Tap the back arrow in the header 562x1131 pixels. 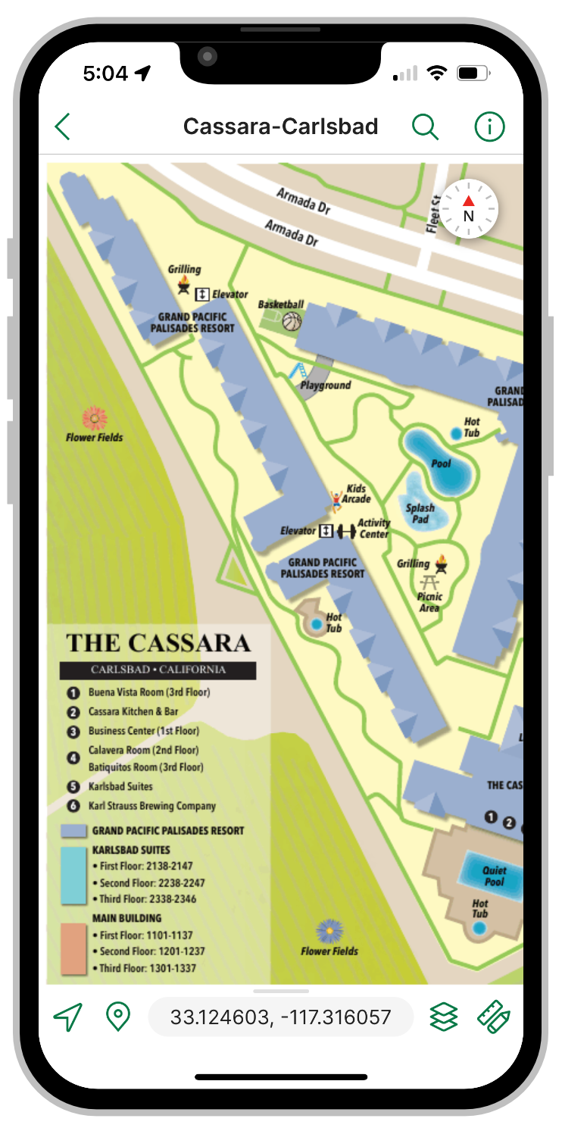click(62, 127)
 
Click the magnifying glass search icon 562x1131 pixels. click(425, 127)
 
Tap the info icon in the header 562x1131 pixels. click(489, 127)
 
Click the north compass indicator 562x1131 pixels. click(469, 209)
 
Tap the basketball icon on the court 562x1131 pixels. click(292, 322)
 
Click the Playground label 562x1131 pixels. click(326, 385)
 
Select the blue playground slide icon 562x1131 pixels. click(298, 371)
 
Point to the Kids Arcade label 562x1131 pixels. click(357, 494)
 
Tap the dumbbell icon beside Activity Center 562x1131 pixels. click(346, 531)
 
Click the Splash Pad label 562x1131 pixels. click(420, 514)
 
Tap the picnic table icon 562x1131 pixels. click(429, 583)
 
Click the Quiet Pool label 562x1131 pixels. click(494, 876)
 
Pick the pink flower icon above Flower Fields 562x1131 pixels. click(94, 417)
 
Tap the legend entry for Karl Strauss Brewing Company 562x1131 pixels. click(151, 806)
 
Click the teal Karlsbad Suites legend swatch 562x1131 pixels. click(73, 875)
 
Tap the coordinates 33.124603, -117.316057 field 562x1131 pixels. click(280, 1017)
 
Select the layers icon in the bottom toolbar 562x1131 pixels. click(444, 1017)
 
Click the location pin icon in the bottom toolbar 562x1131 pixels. click(117, 1017)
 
